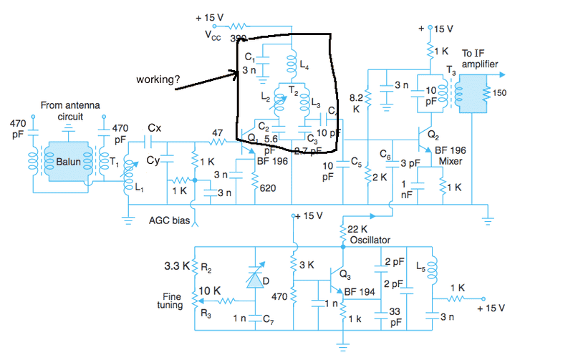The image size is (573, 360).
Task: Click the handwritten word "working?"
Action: (x=158, y=79)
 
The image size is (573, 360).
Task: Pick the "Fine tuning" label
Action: (x=169, y=300)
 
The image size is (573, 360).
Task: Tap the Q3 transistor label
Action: (x=345, y=274)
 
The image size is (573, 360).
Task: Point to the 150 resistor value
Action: (x=499, y=92)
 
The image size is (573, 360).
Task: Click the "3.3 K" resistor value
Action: (x=176, y=266)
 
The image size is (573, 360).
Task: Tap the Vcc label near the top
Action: (x=214, y=34)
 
